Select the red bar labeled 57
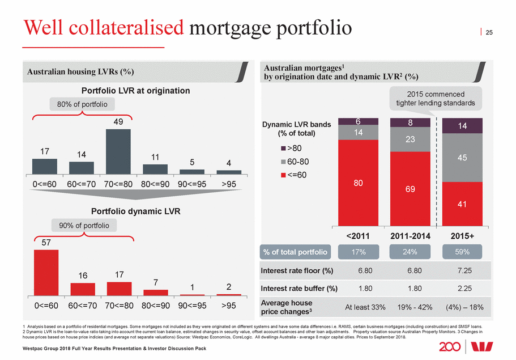click(46, 272)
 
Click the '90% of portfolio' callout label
click(85, 225)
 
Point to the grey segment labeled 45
click(462, 158)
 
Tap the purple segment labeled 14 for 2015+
click(462, 126)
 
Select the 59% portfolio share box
click(462, 252)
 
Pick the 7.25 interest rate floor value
click(462, 270)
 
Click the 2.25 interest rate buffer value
click(462, 288)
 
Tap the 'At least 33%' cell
click(365, 307)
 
